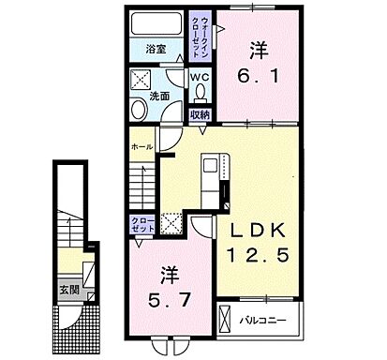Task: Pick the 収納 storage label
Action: pos(201,113)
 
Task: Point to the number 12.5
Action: pos(256,254)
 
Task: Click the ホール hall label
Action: pos(141,148)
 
